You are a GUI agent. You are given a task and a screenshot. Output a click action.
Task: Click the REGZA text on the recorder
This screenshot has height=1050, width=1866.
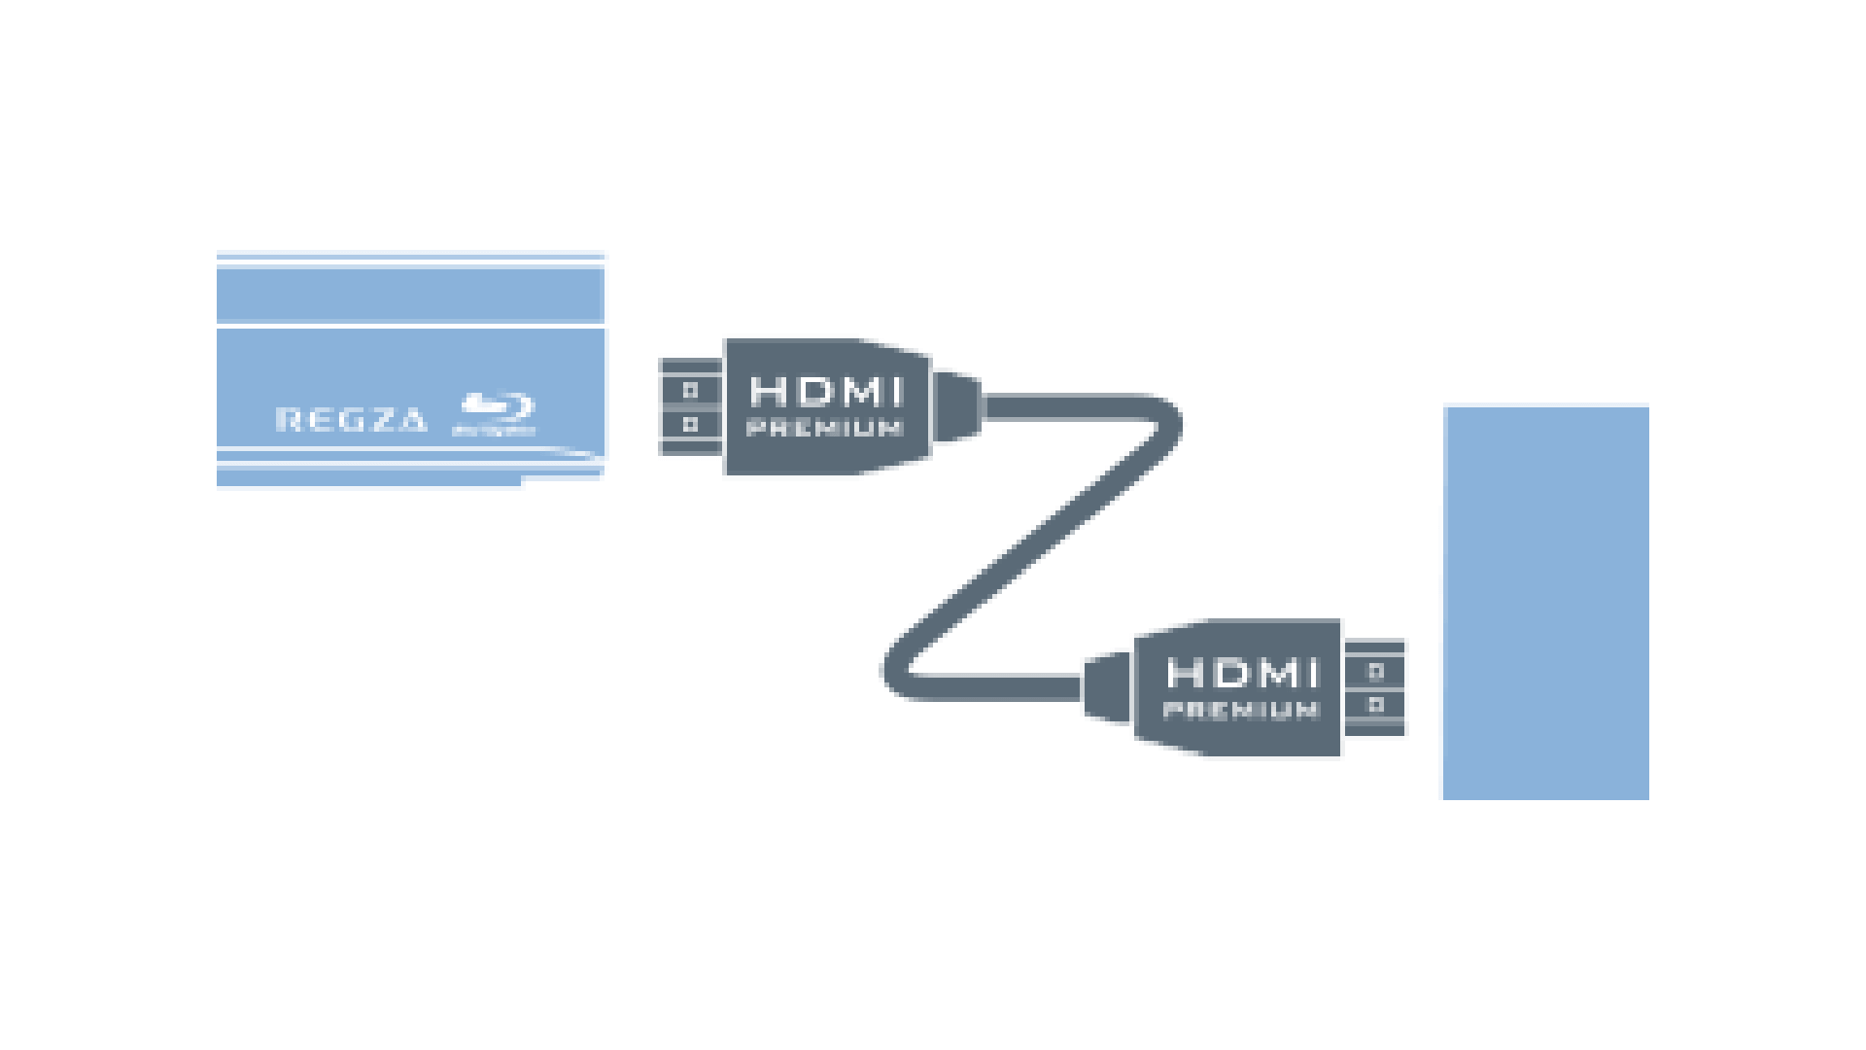click(351, 419)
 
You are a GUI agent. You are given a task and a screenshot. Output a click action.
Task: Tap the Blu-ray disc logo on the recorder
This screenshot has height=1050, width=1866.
click(496, 413)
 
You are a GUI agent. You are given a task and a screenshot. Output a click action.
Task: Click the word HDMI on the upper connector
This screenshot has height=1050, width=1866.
click(826, 392)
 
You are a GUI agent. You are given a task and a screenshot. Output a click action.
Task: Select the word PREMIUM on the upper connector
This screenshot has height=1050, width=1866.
click(825, 428)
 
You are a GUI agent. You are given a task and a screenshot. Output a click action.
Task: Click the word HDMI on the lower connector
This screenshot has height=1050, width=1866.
click(1243, 673)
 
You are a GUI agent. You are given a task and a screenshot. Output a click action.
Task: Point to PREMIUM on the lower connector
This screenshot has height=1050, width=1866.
click(1241, 710)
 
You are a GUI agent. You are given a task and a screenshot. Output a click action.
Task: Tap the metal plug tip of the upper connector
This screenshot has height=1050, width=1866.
click(691, 407)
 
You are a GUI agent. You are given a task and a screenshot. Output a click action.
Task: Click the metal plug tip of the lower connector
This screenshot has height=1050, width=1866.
click(1374, 687)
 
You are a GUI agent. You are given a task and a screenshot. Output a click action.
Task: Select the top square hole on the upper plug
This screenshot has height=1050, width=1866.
click(690, 390)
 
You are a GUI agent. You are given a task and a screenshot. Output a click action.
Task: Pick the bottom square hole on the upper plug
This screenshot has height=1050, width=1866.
click(690, 425)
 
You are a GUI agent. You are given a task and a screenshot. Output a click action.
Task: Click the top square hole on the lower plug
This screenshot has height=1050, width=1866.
click(1375, 671)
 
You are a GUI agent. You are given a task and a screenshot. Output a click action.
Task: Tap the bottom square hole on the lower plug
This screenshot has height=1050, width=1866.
click(1375, 704)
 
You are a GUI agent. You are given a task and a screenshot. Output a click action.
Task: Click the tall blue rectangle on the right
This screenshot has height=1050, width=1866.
click(1546, 603)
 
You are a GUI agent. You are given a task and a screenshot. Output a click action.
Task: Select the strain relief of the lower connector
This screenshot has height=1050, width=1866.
click(1108, 688)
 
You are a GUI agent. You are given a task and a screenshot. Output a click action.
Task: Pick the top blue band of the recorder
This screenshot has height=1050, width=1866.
click(410, 295)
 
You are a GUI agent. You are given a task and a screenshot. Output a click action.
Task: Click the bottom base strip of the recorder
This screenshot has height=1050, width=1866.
click(369, 478)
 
